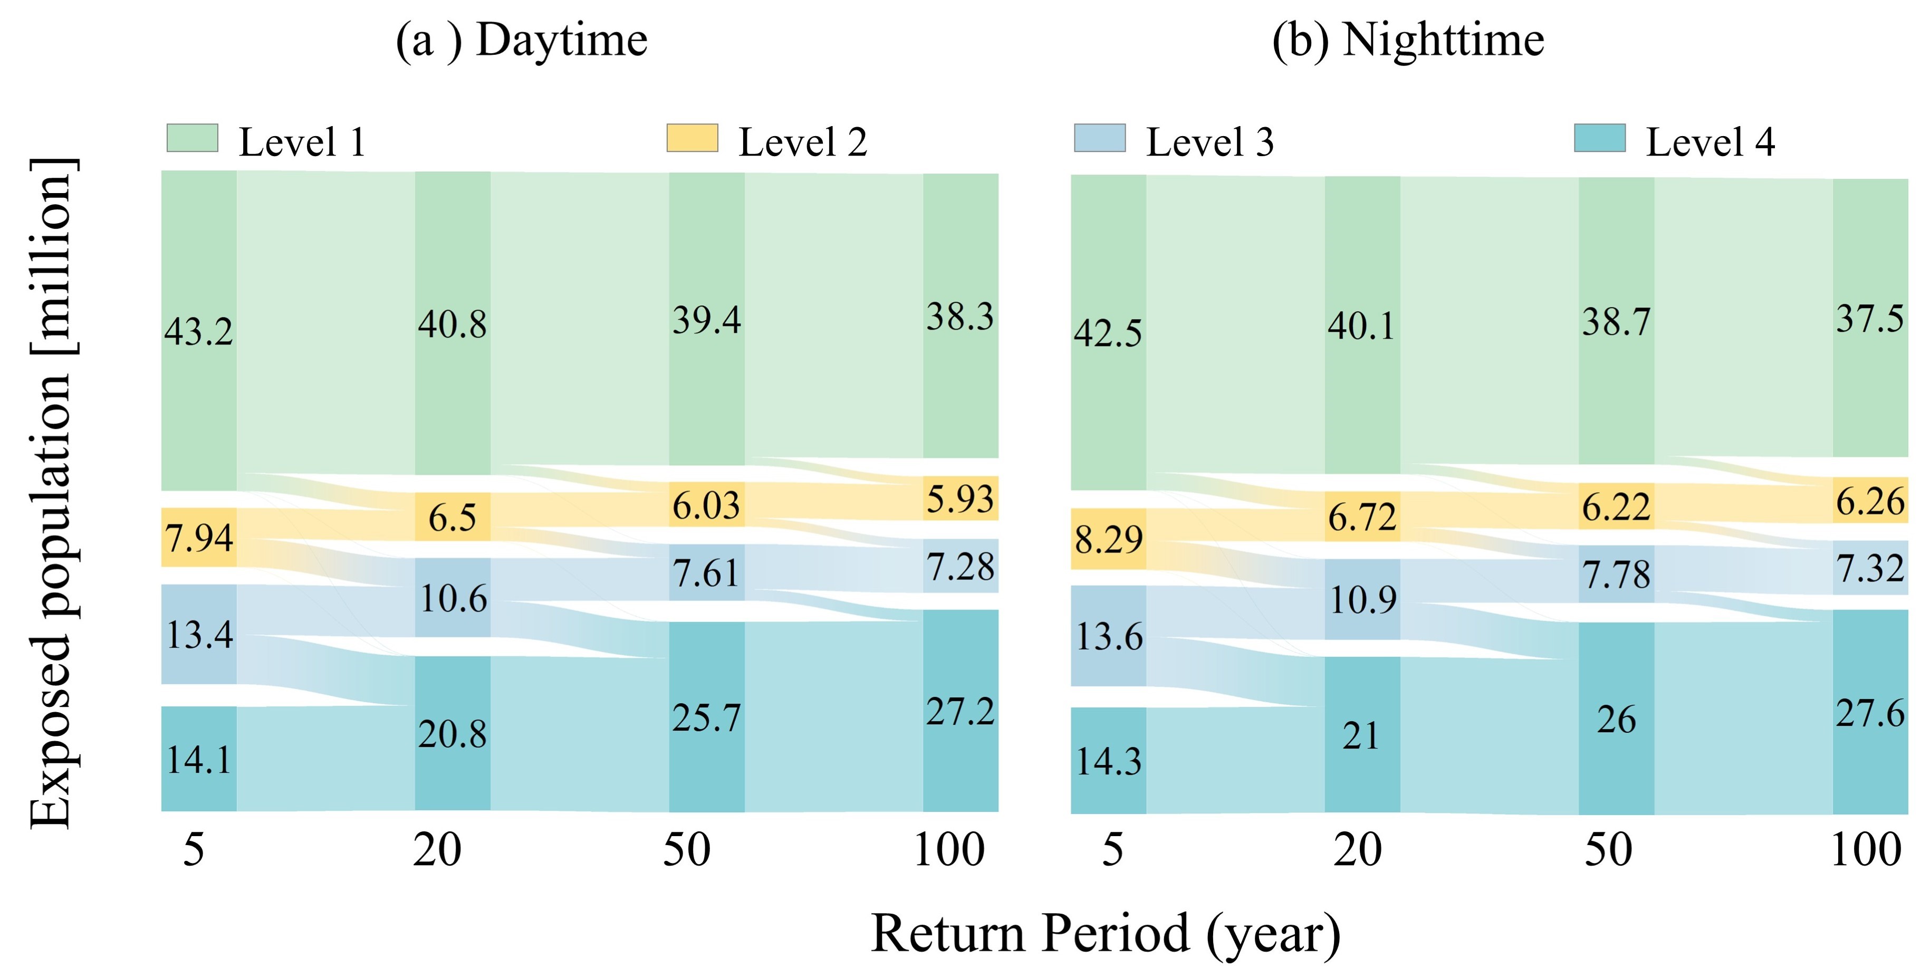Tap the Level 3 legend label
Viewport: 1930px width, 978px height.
click(1209, 142)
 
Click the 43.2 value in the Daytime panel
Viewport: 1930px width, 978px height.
click(198, 331)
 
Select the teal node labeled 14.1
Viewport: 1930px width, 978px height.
click(198, 759)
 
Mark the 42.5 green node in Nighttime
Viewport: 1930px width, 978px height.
click(1108, 333)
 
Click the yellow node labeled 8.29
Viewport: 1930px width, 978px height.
click(1108, 539)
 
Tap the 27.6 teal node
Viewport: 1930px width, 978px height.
click(1870, 713)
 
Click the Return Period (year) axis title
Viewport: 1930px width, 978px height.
click(1106, 933)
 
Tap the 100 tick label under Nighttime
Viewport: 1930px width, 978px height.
click(1866, 850)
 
